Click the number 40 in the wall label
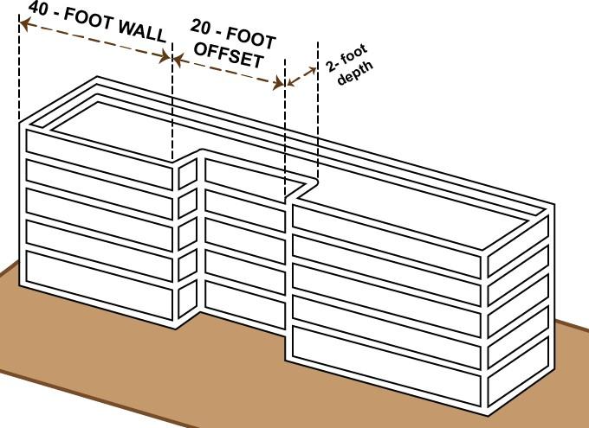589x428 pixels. (x=39, y=9)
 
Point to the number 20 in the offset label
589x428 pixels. (x=204, y=29)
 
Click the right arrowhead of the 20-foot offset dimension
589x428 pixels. (x=279, y=84)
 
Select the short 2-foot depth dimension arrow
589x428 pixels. (x=301, y=76)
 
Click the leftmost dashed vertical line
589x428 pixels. (x=19, y=69)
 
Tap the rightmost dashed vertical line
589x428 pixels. (x=318, y=112)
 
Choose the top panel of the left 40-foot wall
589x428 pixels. (x=99, y=156)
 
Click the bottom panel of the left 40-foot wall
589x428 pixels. (x=100, y=298)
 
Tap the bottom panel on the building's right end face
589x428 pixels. (x=517, y=379)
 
